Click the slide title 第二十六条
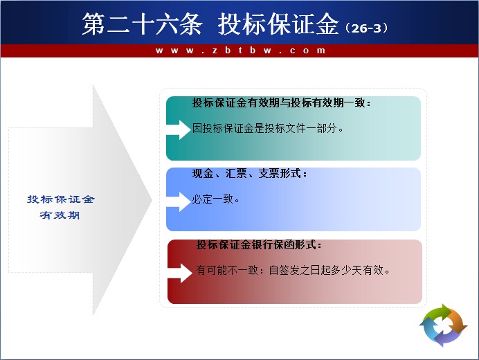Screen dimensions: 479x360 (x=142, y=24)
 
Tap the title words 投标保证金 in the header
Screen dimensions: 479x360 (x=278, y=24)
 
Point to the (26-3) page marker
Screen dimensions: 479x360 (x=367, y=28)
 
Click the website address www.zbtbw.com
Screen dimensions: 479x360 (x=240, y=51)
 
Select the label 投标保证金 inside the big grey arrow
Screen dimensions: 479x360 (x=61, y=199)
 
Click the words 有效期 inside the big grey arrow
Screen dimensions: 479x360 (x=60, y=215)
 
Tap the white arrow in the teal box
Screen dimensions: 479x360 (x=179, y=129)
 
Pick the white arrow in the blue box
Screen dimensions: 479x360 (x=179, y=201)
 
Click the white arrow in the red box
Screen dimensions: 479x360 (x=180, y=273)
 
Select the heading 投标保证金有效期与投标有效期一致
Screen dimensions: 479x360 (x=279, y=102)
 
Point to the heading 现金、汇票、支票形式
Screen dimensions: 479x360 (x=247, y=174)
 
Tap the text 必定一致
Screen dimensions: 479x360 (x=213, y=199)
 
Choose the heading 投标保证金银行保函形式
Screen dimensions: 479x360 (x=256, y=245)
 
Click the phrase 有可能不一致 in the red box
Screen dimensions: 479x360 (x=227, y=270)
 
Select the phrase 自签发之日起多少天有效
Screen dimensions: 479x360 (x=326, y=270)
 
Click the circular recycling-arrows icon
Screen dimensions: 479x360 (x=443, y=325)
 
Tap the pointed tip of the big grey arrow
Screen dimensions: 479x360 (x=152, y=200)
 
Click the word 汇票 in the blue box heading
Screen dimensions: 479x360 (x=236, y=174)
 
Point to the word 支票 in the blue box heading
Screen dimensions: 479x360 (x=269, y=174)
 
